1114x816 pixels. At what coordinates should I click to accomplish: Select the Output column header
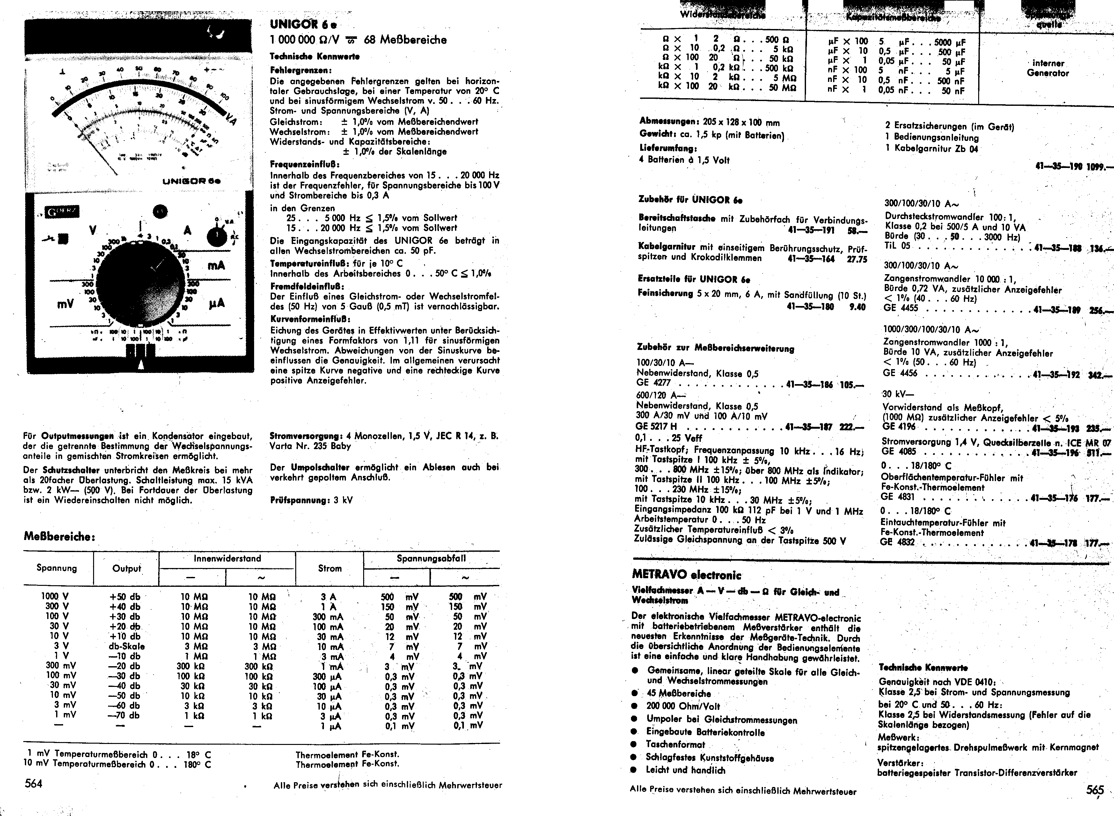(127, 569)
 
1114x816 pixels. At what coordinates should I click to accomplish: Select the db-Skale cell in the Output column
(127, 646)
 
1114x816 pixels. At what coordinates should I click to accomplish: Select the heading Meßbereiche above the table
(59, 536)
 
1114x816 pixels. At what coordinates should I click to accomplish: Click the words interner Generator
(1047, 68)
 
